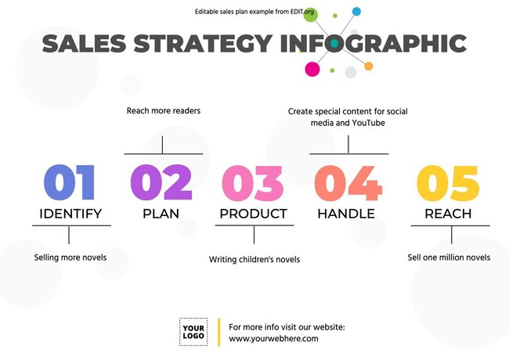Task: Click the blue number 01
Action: tap(69, 183)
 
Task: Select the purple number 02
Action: tap(161, 183)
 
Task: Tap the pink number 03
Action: tap(253, 183)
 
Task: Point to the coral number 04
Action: tap(348, 183)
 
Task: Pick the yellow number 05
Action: tap(447, 183)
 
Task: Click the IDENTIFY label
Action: tap(70, 213)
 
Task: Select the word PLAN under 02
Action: tap(161, 213)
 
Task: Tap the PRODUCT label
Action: tap(253, 213)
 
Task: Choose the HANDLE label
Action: tap(346, 213)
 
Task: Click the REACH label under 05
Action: tap(448, 213)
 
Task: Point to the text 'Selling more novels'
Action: tap(70, 257)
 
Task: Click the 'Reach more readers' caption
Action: tap(164, 111)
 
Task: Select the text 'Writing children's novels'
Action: tap(254, 259)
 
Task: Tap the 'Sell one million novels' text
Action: tap(449, 257)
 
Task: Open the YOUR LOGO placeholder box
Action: tap(193, 332)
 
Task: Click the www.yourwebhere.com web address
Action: tap(273, 339)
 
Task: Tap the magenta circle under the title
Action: tap(312, 69)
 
